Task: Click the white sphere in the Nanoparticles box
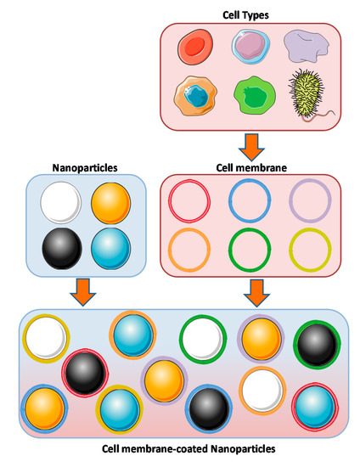tap(61, 202)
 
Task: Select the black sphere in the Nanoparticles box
tap(61, 246)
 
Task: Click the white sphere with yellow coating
tap(47, 340)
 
